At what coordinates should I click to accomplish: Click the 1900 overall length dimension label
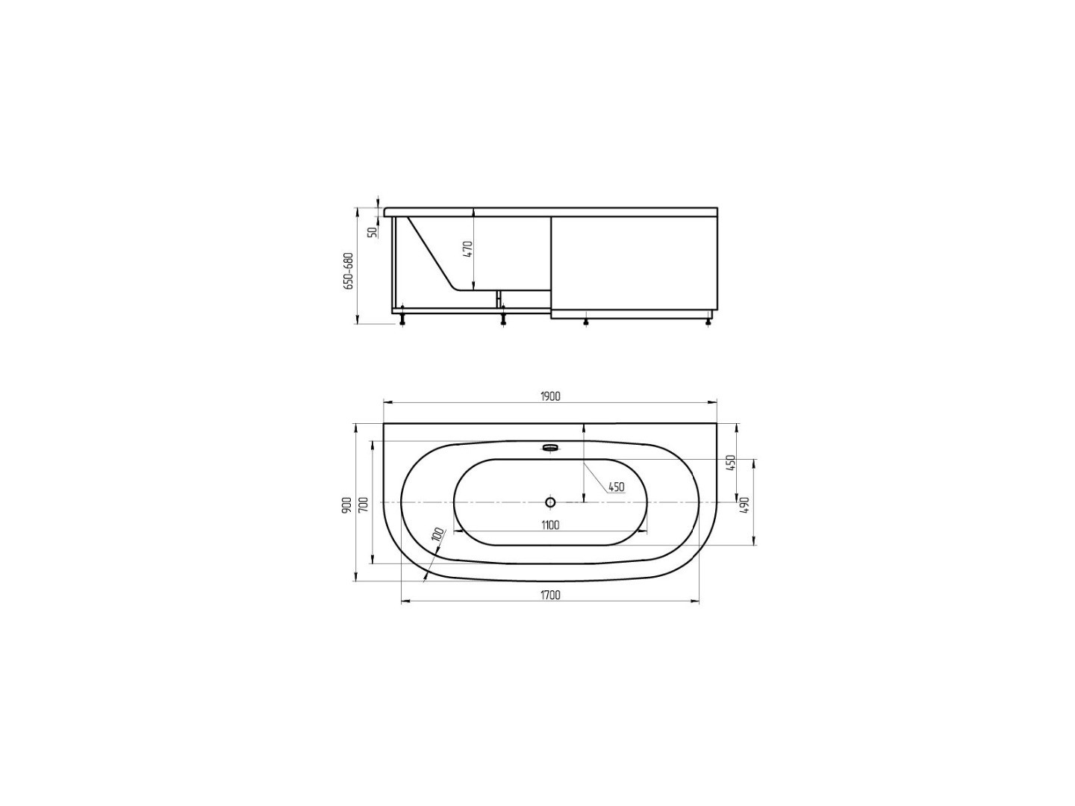tap(550, 396)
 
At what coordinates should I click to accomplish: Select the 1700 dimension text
tap(550, 595)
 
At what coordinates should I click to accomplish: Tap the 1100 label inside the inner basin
tap(550, 525)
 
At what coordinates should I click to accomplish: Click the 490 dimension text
tap(744, 504)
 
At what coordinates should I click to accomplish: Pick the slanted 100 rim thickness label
tap(438, 534)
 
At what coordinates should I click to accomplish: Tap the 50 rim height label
tap(373, 232)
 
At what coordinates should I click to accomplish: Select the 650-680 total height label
tap(348, 271)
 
